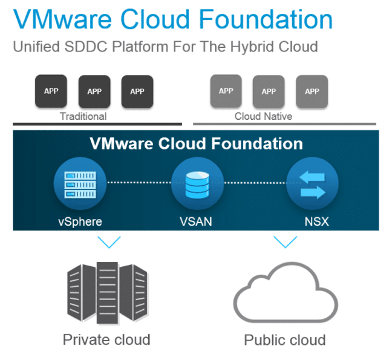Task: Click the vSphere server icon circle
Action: tap(80, 182)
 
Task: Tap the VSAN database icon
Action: tap(197, 182)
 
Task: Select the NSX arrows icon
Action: tap(312, 182)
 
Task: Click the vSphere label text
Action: tap(80, 221)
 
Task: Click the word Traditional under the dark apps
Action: tap(83, 116)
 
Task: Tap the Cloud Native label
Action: tap(263, 116)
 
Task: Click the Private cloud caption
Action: tap(106, 339)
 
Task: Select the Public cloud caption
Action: tap(284, 339)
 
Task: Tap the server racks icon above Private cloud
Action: tap(106, 290)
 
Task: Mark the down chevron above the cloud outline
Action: tap(285, 243)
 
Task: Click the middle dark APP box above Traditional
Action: tap(94, 91)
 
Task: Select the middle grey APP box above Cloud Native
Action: tap(269, 91)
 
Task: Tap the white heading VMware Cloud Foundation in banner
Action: tap(196, 143)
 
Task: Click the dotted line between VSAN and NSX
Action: tap(253, 182)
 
